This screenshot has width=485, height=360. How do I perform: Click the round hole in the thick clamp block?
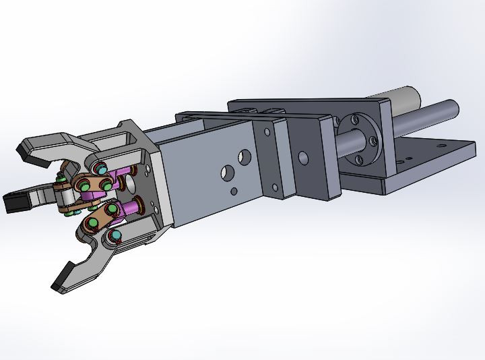[302, 159]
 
